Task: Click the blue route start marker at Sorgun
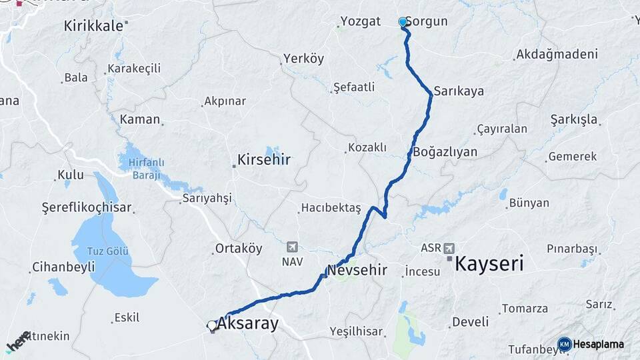(403, 22)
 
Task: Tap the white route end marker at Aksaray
(212, 325)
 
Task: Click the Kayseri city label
(488, 264)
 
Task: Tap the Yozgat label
(360, 21)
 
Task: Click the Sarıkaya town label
(459, 91)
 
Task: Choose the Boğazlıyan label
(445, 152)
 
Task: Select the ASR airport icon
(450, 247)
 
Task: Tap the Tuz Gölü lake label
(108, 251)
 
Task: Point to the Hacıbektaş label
(331, 208)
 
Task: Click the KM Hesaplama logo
(591, 344)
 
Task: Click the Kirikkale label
(93, 26)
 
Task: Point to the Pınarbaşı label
(571, 249)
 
